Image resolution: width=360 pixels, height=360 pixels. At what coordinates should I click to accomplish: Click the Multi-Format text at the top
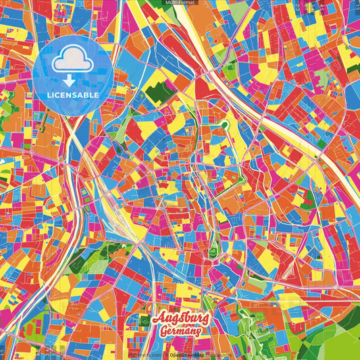pyautogui.click(x=180, y=3)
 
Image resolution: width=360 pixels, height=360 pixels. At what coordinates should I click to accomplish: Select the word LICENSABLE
pyautogui.click(x=73, y=95)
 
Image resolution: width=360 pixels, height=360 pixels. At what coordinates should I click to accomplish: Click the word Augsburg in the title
pyautogui.click(x=181, y=318)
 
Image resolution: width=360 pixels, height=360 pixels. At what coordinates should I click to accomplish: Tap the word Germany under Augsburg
pyautogui.click(x=180, y=332)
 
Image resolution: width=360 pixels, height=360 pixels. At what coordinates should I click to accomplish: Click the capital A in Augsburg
pyautogui.click(x=158, y=318)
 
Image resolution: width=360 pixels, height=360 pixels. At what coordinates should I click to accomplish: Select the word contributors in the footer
pyautogui.click(x=217, y=355)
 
